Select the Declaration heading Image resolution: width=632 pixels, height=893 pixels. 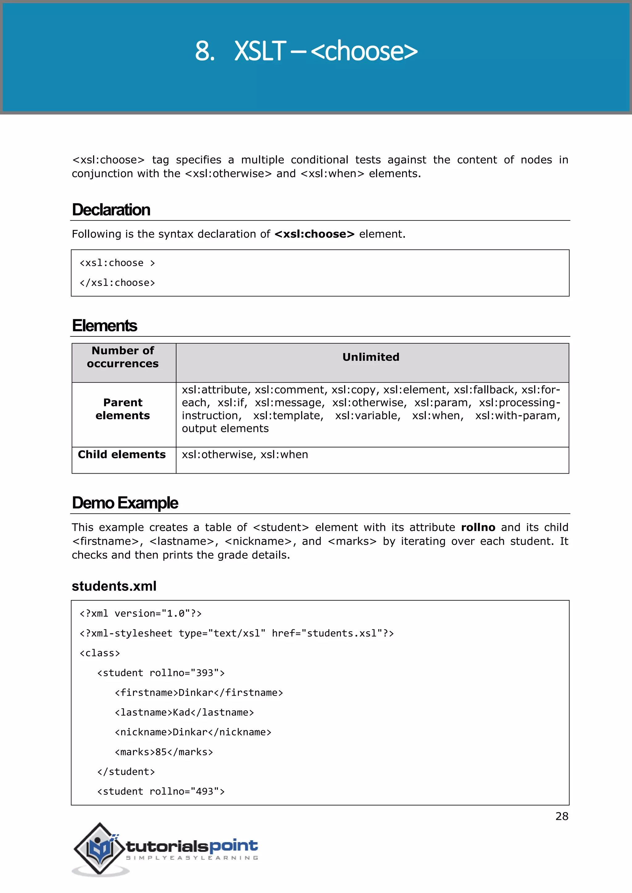point(111,210)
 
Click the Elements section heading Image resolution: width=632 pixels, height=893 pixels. point(105,326)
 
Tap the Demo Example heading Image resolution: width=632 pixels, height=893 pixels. point(125,503)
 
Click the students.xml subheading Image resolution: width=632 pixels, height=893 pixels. point(114,586)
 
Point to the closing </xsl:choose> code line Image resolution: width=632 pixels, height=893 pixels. point(117,283)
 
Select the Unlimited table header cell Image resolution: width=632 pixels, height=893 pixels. point(371,357)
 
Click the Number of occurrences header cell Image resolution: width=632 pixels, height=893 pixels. point(123,357)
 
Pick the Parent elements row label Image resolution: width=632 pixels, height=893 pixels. point(123,409)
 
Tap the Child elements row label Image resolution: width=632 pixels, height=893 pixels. point(122,455)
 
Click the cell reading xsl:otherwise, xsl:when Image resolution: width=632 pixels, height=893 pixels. point(245,455)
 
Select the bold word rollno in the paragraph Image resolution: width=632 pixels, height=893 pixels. point(478,527)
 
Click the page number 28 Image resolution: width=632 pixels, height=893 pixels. point(562,817)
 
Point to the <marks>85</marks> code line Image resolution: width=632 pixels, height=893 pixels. point(164,752)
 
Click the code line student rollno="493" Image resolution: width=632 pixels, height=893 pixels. point(161,792)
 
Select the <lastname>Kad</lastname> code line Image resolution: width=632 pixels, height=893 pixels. point(184,713)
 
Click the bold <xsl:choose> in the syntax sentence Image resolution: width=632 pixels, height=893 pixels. point(314,234)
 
